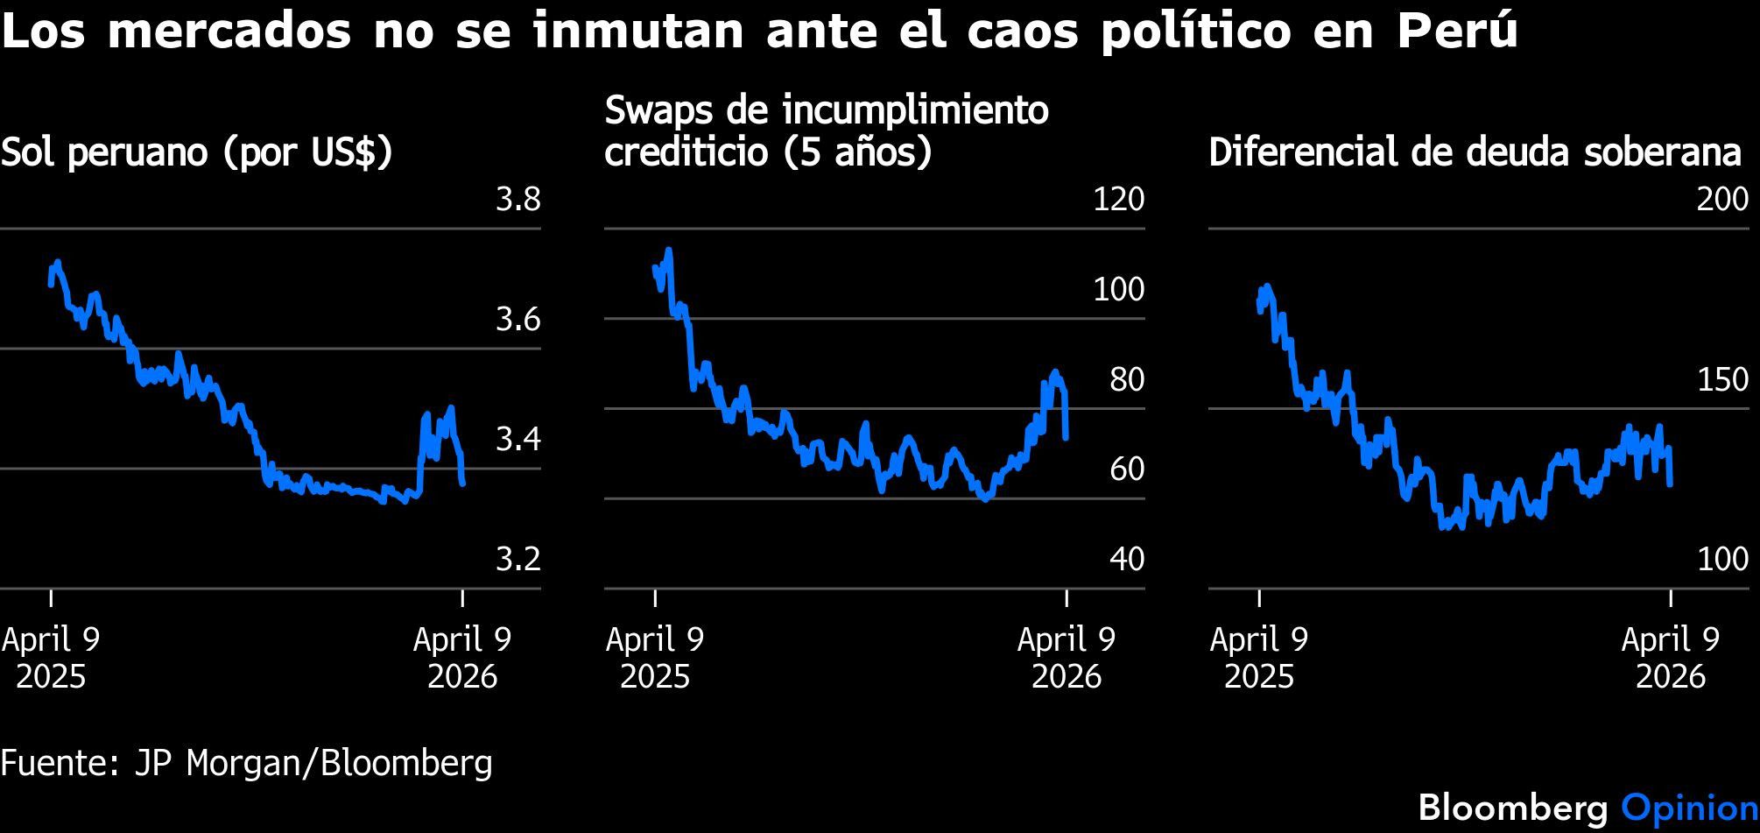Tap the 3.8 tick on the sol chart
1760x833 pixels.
[518, 200]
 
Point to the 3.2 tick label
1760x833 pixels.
[518, 559]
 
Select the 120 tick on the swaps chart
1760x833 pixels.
[1118, 200]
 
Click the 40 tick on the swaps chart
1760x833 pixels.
[1126, 559]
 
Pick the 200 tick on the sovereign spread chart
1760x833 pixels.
[1722, 200]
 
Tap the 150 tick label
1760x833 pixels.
[1722, 379]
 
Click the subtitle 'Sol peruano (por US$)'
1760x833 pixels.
[197, 152]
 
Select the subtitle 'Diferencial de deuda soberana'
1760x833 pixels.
[1475, 152]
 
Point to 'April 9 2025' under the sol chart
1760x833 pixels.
[51, 657]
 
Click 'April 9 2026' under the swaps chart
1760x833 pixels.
[1066, 657]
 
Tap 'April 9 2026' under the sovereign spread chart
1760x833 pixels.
[1670, 657]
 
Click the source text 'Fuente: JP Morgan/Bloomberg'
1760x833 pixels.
[246, 763]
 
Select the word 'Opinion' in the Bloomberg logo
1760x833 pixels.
[1689, 807]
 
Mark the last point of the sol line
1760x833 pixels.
[462, 484]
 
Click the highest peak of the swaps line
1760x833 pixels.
[669, 250]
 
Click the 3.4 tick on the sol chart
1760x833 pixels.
[518, 439]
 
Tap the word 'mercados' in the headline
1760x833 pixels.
[229, 32]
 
